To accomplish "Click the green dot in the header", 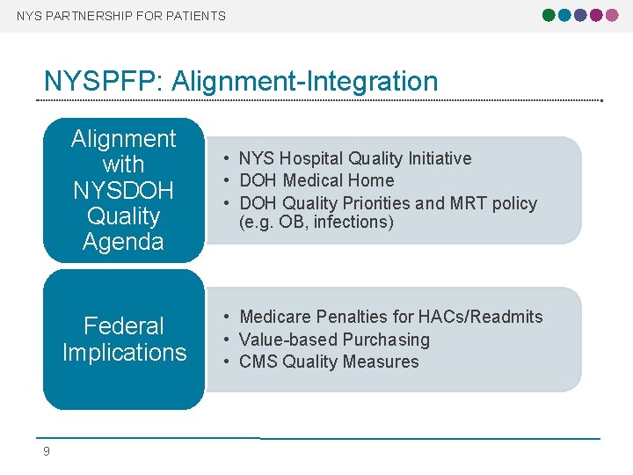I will pyautogui.click(x=549, y=15).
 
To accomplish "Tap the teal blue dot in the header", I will pyautogui.click(x=565, y=15).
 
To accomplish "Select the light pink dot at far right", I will pyautogui.click(x=612, y=15).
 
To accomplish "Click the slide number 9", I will pyautogui.click(x=47, y=451).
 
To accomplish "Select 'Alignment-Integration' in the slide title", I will pyautogui.click(x=305, y=82).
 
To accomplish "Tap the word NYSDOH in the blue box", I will pyautogui.click(x=124, y=190).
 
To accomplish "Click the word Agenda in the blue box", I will pyautogui.click(x=124, y=242).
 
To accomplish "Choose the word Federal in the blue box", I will pyautogui.click(x=124, y=326).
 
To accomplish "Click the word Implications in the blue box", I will pyautogui.click(x=124, y=353).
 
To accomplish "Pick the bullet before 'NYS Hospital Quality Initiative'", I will pyautogui.click(x=226, y=159).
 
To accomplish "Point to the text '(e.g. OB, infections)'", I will pyautogui.click(x=316, y=223).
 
